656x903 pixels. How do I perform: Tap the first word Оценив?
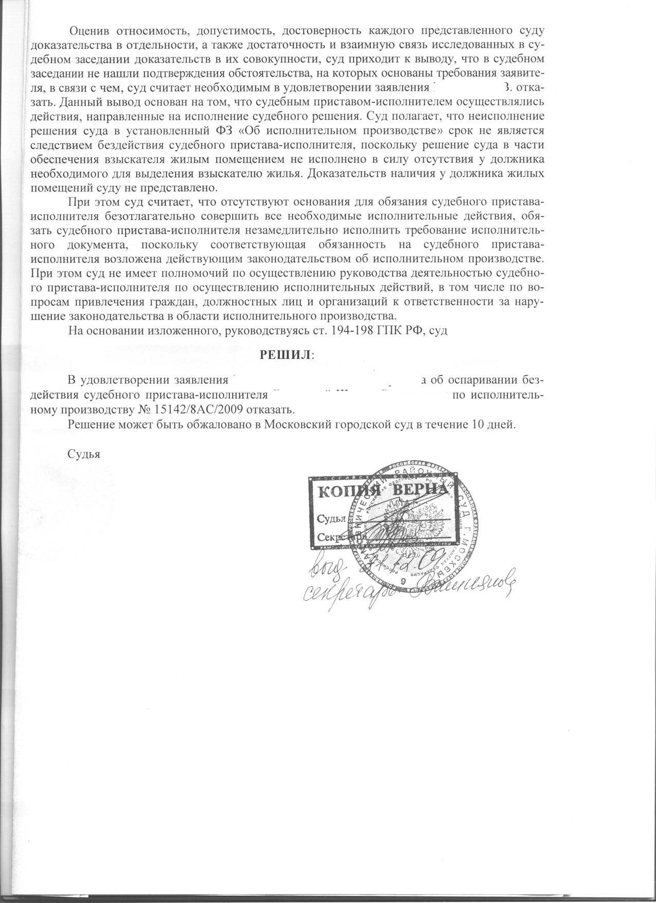click(88, 31)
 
